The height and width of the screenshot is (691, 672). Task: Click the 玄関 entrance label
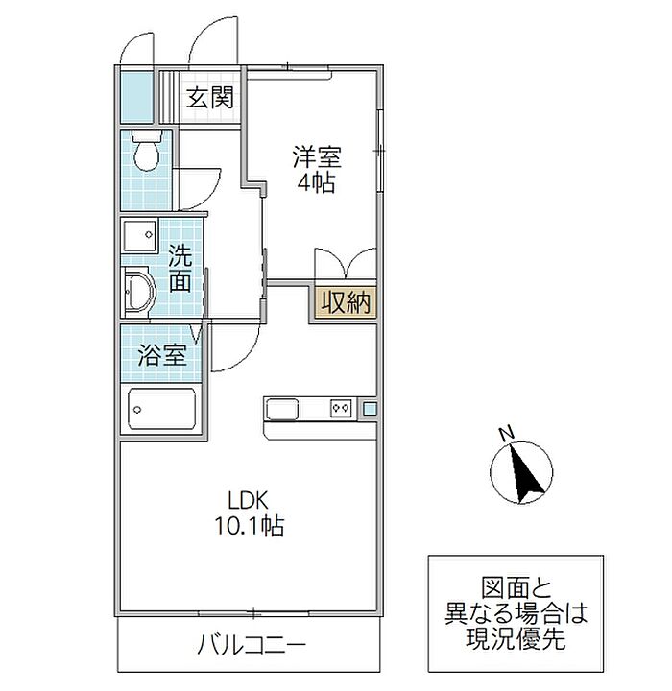tap(209, 97)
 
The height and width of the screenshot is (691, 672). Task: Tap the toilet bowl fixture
tap(146, 151)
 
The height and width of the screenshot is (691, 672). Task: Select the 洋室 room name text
tap(317, 156)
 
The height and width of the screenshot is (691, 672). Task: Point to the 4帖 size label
tap(316, 182)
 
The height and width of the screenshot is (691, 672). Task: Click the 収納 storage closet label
tap(346, 302)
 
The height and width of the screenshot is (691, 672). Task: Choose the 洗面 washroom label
tap(180, 269)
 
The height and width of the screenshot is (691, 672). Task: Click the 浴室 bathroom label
tap(162, 355)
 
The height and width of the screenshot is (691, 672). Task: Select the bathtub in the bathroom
tap(162, 410)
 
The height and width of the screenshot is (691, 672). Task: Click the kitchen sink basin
tap(281, 410)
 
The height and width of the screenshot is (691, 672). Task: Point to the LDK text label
tap(248, 501)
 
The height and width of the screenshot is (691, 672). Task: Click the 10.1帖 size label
tap(249, 525)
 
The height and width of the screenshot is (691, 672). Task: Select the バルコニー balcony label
tap(252, 646)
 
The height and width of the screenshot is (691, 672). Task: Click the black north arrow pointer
tap(524, 475)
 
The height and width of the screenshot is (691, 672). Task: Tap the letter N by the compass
tap(507, 433)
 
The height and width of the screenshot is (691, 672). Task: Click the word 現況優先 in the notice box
tap(516, 637)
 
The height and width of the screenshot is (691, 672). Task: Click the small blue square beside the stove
tap(370, 410)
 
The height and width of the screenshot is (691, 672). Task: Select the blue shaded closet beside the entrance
tap(136, 97)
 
